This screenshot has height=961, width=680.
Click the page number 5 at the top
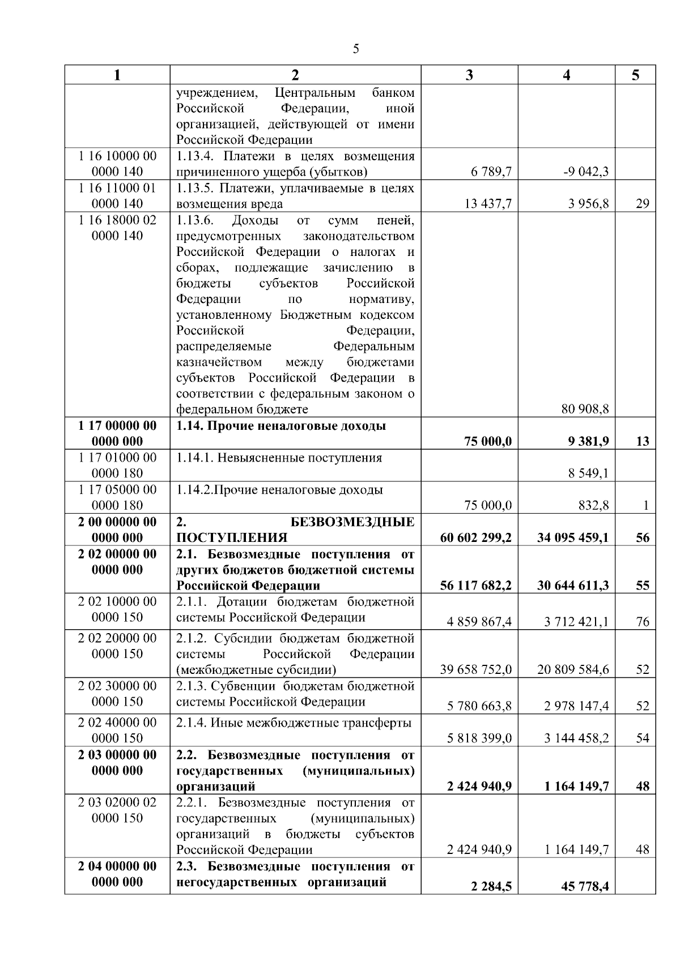tap(356, 49)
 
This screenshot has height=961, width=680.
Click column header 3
tap(469, 75)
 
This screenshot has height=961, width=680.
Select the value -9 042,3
tap(586, 172)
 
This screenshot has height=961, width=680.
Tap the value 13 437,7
tap(488, 204)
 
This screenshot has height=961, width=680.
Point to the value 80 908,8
tap(585, 409)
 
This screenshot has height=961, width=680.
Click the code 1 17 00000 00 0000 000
tap(117, 433)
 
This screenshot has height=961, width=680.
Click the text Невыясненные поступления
tap(299, 458)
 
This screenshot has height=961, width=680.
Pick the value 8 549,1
tap(589, 473)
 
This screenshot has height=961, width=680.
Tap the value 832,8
tap(593, 505)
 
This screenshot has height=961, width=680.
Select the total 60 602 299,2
tap(475, 537)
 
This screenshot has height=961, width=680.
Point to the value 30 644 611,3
tap(573, 586)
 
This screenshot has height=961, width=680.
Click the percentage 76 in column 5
tap(643, 622)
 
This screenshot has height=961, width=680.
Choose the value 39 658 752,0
tap(476, 669)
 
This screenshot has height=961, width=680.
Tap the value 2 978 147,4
tap(576, 706)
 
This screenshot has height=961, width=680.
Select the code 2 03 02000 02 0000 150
tap(117, 810)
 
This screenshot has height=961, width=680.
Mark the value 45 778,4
tap(585, 887)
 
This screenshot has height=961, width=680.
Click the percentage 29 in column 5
tap(643, 204)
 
